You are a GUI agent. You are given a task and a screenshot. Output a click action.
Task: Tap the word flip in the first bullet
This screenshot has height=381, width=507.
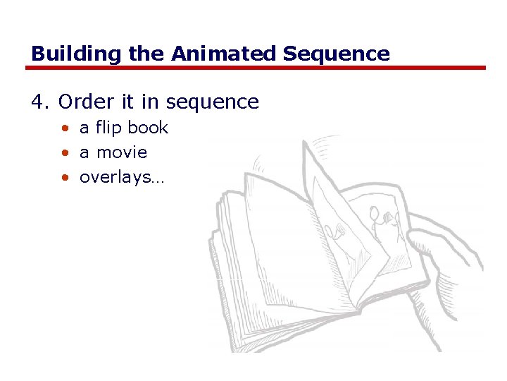(108, 128)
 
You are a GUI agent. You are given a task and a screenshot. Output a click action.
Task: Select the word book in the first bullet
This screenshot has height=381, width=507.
(148, 128)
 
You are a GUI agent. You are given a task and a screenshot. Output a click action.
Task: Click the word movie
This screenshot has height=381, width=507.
(122, 152)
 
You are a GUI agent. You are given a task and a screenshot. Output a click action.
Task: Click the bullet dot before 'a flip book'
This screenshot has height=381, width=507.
(65, 128)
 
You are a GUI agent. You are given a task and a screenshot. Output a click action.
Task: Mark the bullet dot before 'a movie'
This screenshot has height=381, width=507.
(65, 153)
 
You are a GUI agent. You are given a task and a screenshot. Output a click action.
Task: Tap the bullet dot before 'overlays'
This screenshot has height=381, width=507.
(65, 178)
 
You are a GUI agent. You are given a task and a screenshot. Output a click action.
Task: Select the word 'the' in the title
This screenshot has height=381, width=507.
(146, 54)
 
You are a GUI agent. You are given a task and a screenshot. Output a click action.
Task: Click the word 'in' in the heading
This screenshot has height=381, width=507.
(149, 102)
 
